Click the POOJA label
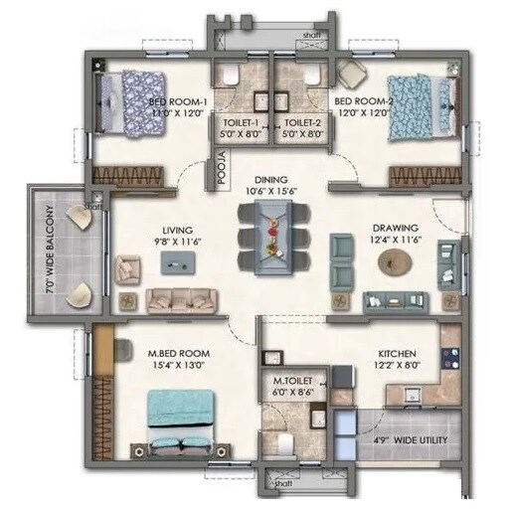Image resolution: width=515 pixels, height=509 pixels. click(223, 162)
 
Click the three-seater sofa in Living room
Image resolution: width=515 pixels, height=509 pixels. click(181, 299)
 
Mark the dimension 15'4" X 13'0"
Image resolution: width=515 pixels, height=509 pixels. click(180, 365)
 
